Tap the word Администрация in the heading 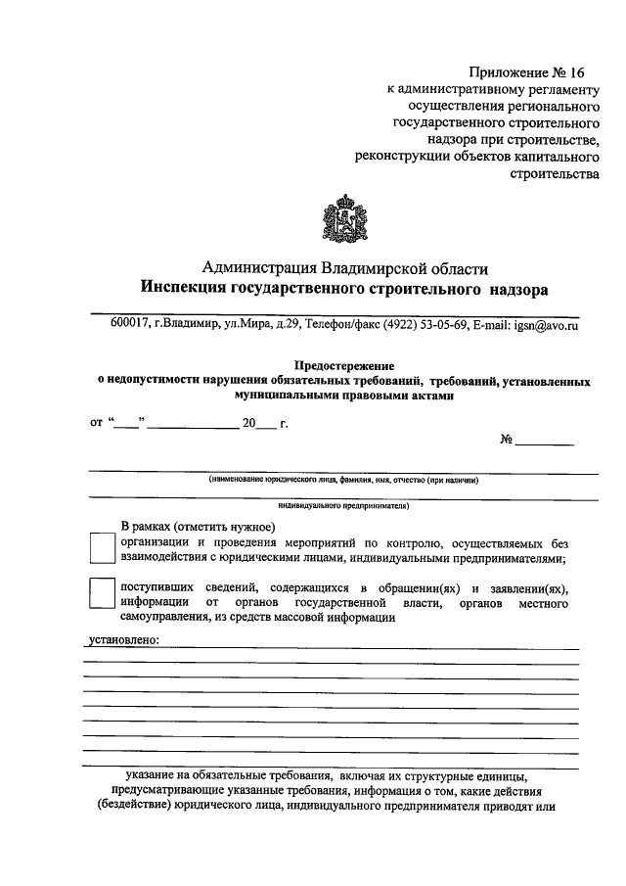[x=258, y=267]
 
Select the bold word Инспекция [x=182, y=290]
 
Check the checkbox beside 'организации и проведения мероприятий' [x=102, y=549]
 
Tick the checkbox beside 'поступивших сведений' [x=102, y=594]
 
